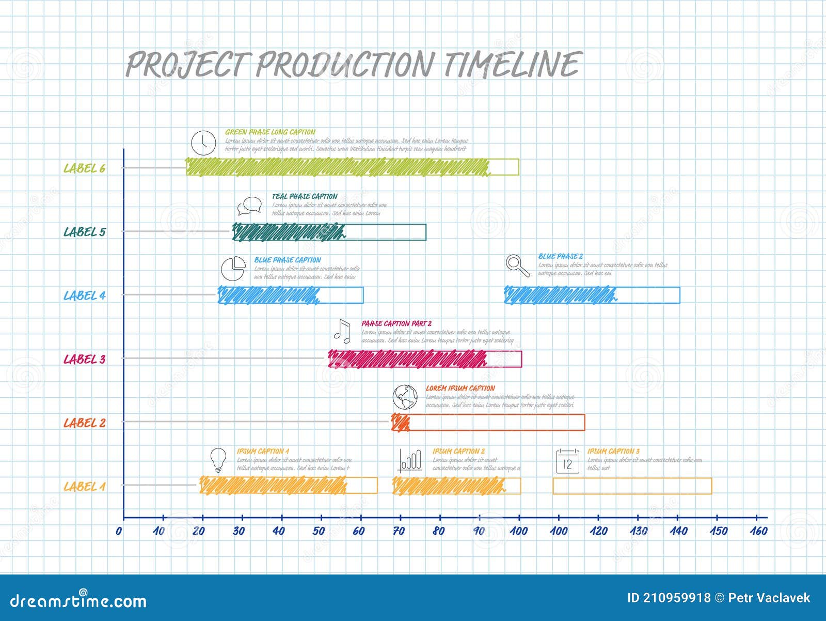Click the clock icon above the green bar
[203, 143]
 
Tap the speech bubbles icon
[249, 206]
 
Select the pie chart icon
[233, 268]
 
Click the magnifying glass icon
[517, 266]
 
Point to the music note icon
[342, 332]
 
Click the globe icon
[405, 397]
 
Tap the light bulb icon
[218, 460]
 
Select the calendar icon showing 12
[567, 461]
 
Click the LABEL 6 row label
[84, 168]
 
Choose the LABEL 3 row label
[84, 359]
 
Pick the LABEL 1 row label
[84, 487]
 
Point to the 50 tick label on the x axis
[319, 531]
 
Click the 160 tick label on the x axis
[758, 531]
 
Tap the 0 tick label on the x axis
[119, 531]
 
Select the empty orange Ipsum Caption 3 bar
[632, 486]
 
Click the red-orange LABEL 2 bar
[488, 423]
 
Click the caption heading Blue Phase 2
[560, 256]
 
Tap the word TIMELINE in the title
[513, 65]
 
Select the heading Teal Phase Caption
[305, 196]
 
